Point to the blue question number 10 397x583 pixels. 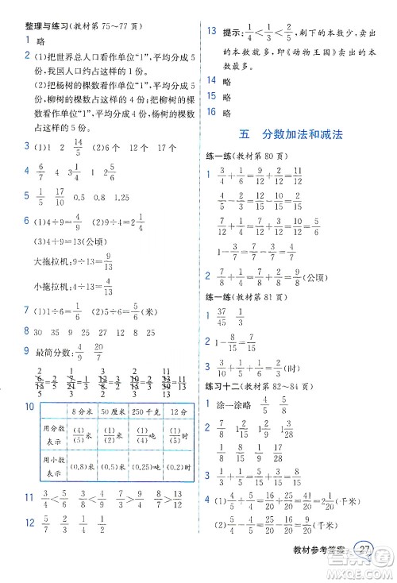(29, 407)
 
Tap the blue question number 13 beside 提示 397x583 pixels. (211, 31)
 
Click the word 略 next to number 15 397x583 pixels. (227, 96)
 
